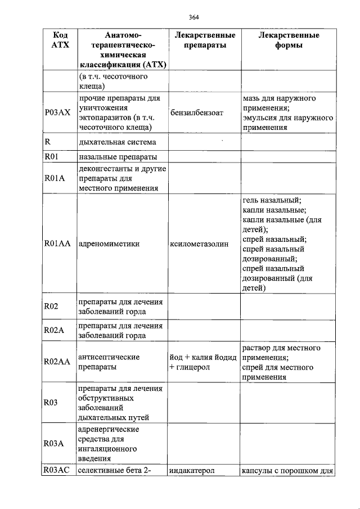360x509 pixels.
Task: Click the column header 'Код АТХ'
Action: (56, 40)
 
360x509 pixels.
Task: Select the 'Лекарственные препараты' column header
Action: (205, 40)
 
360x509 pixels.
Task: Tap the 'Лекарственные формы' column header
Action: (289, 40)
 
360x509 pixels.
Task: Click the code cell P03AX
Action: (57, 112)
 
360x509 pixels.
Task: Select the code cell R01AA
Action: (57, 244)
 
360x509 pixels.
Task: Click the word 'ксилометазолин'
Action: (200, 244)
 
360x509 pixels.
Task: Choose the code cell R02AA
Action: (57, 362)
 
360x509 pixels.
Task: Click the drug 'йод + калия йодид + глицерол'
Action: (204, 362)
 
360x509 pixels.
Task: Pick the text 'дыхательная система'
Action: (117, 142)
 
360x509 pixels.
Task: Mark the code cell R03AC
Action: (57, 471)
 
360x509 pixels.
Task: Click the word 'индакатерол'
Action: (193, 471)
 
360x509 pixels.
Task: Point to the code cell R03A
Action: (54, 443)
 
